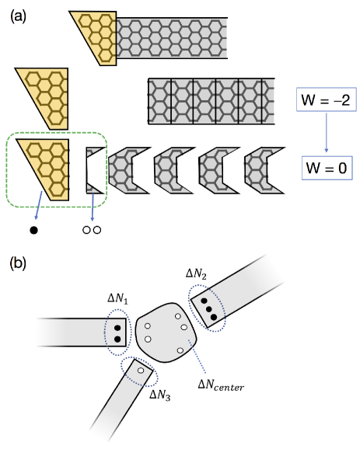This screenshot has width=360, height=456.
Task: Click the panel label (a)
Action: [18, 16]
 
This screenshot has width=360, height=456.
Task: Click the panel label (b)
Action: [18, 263]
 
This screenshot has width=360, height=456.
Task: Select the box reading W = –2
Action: [327, 99]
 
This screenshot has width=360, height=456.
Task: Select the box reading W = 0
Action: [327, 168]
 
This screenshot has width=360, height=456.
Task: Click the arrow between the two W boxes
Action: [327, 132]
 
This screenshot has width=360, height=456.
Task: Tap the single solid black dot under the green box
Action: [33, 230]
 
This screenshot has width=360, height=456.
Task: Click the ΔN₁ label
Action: [117, 298]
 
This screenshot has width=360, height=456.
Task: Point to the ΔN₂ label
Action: [196, 273]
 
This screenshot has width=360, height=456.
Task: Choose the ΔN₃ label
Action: [159, 395]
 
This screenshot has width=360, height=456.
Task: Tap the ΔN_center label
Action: [221, 385]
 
